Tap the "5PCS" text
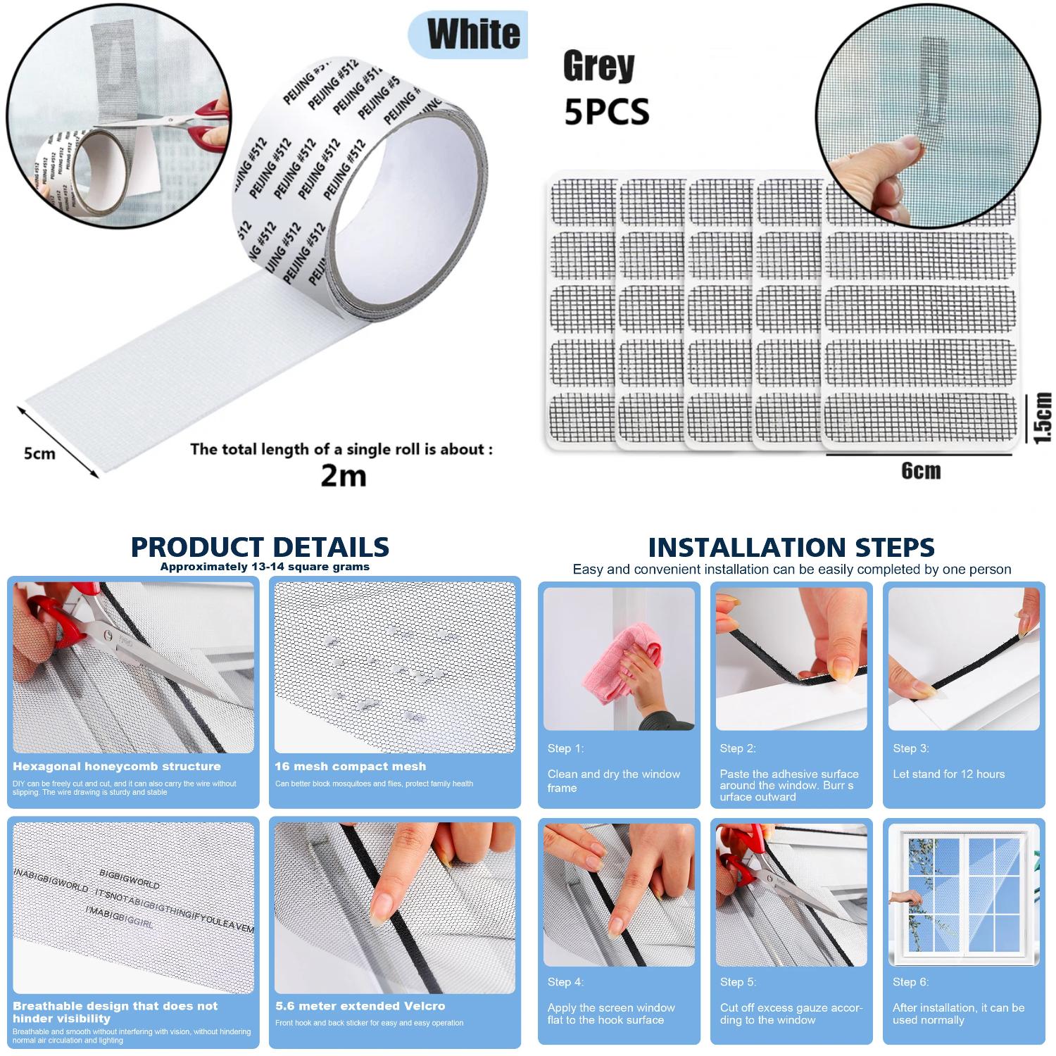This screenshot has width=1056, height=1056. [x=606, y=113]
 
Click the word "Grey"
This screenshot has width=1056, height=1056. [x=598, y=67]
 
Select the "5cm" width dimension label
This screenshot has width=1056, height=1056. [x=39, y=453]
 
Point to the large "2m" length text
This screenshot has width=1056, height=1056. [x=344, y=476]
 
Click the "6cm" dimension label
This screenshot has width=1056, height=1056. [x=921, y=471]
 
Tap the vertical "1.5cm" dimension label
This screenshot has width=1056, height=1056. [x=1043, y=418]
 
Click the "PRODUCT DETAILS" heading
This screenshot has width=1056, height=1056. [x=260, y=547]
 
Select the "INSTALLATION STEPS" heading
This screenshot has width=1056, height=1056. [x=791, y=547]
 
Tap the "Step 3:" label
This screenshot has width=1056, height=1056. [x=910, y=748]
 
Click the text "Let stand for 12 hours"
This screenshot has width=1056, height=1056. [x=948, y=774]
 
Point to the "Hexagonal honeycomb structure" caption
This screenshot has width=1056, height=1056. [x=117, y=767]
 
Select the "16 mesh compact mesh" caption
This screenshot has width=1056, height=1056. [x=350, y=767]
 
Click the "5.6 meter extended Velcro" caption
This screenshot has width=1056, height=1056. [x=360, y=1006]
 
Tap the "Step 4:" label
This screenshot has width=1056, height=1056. [x=565, y=982]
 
